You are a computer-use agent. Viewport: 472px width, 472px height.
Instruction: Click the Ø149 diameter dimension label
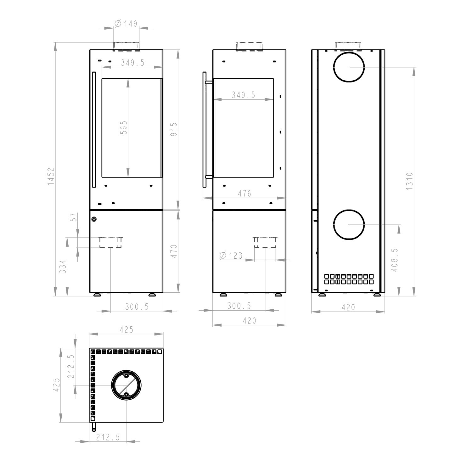tap(126, 23)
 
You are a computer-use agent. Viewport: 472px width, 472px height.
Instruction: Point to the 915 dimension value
tap(174, 129)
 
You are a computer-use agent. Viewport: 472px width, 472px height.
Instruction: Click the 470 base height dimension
tap(174, 251)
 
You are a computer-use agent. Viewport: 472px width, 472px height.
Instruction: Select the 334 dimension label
tap(63, 266)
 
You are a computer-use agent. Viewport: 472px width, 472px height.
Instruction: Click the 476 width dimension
tap(244, 193)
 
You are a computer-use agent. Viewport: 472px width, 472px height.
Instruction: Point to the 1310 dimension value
tap(409, 181)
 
